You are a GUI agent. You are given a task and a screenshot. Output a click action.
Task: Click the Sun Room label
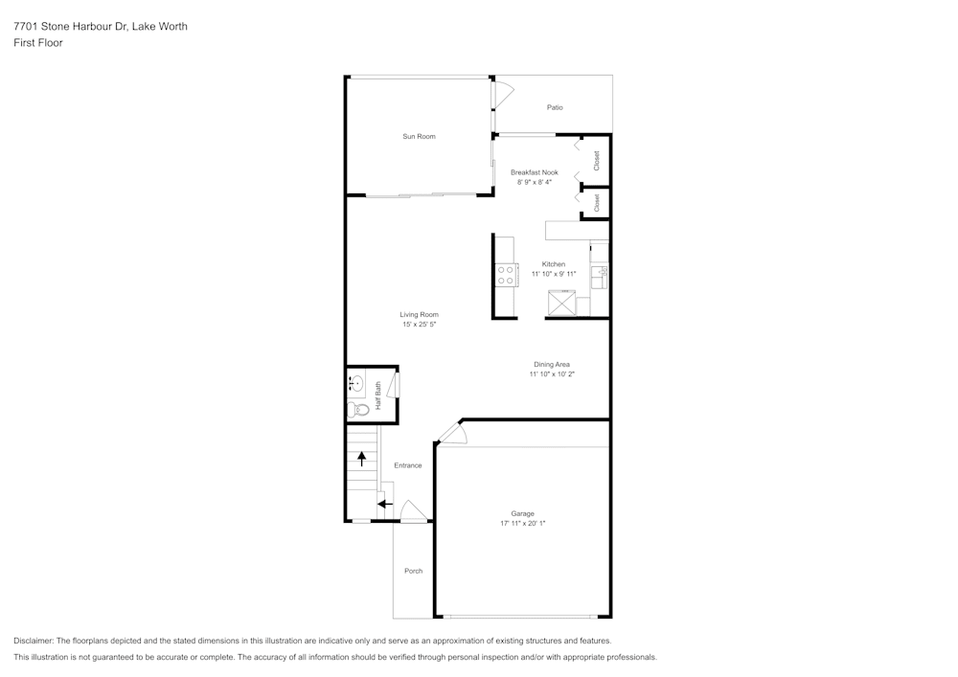pyautogui.click(x=419, y=137)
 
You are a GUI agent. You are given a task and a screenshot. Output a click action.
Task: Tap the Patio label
pyautogui.click(x=555, y=107)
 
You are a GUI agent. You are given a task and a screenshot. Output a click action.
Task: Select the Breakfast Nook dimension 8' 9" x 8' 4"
pyautogui.click(x=535, y=182)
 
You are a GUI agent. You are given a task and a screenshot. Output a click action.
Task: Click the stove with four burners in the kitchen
pyautogui.click(x=506, y=276)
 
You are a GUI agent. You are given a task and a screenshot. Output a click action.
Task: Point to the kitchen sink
pyautogui.click(x=601, y=276)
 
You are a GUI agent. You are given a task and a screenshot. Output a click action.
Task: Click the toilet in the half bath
pyautogui.click(x=358, y=410)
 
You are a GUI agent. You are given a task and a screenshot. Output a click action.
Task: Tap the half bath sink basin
pyautogui.click(x=356, y=385)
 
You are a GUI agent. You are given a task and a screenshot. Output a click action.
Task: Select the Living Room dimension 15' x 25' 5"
pyautogui.click(x=419, y=325)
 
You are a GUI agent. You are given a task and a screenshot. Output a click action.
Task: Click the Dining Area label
pyautogui.click(x=552, y=365)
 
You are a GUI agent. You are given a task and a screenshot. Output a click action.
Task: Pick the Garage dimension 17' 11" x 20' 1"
pyautogui.click(x=522, y=524)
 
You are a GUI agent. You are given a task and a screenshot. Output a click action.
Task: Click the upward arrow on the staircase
pyautogui.click(x=361, y=458)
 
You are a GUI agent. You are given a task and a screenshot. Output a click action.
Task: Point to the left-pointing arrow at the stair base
pyautogui.click(x=384, y=504)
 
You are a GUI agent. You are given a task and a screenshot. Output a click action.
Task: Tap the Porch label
pyautogui.click(x=413, y=572)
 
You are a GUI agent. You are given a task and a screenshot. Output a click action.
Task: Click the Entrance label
pyautogui.click(x=408, y=465)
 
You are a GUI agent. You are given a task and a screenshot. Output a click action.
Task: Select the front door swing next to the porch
pyautogui.click(x=412, y=512)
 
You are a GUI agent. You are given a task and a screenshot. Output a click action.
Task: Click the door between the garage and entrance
pyautogui.click(x=451, y=433)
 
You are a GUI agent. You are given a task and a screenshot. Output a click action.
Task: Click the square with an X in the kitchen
pyautogui.click(x=561, y=304)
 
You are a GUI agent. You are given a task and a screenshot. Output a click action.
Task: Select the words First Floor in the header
pyautogui.click(x=38, y=43)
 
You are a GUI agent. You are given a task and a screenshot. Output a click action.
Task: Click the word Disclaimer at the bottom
pyautogui.click(x=34, y=641)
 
